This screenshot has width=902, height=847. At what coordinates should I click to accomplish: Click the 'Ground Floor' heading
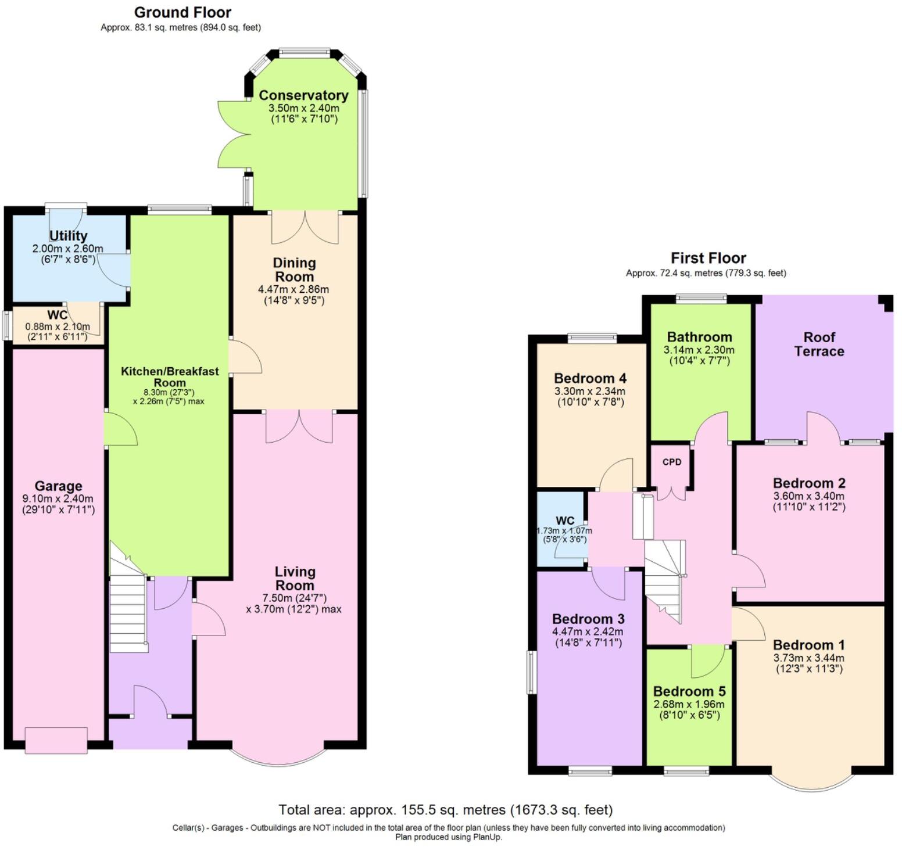(x=182, y=12)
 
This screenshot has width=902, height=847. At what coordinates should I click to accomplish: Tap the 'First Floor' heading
(x=708, y=258)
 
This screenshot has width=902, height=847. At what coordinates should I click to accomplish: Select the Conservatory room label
(x=303, y=95)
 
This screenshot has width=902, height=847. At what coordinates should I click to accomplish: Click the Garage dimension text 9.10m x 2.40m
(x=58, y=498)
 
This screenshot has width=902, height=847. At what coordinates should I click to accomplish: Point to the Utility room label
(x=68, y=236)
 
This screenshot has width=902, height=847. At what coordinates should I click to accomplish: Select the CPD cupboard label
(x=672, y=462)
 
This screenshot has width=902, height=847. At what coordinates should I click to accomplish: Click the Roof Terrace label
(x=819, y=344)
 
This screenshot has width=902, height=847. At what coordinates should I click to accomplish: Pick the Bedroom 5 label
(x=689, y=691)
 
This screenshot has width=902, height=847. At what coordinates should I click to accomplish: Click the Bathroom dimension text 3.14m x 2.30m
(x=699, y=350)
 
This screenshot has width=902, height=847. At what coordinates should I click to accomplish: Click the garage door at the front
(x=56, y=740)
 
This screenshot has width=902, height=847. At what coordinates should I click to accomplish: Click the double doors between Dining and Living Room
(x=299, y=427)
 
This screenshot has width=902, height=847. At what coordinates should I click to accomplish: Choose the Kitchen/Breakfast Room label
(x=170, y=376)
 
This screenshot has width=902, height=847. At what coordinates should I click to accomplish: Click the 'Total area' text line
(x=445, y=810)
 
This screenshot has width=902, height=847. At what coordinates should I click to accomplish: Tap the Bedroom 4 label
(x=590, y=379)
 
